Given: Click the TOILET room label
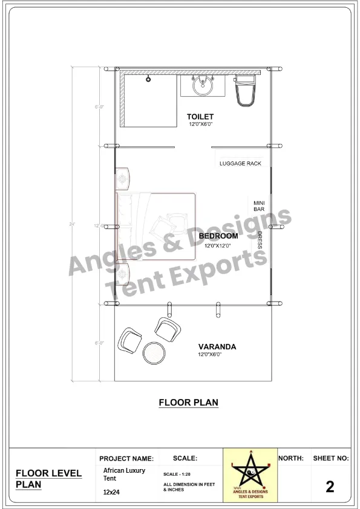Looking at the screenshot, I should [x=200, y=116].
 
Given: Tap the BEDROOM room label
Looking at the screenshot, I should [x=218, y=236].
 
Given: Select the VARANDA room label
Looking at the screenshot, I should [x=217, y=347].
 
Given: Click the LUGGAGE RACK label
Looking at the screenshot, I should [x=240, y=164].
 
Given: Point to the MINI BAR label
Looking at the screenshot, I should [x=259, y=206].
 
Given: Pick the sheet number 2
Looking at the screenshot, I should [x=330, y=486].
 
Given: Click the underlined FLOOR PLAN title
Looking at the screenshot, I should [x=188, y=402].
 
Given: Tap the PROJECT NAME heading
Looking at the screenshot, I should [x=126, y=459].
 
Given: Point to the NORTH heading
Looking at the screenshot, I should [x=291, y=458].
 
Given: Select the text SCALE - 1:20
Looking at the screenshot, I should [x=178, y=474].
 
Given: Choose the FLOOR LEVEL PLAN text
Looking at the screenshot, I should [x=48, y=478].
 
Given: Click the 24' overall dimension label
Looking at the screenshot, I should [x=72, y=225].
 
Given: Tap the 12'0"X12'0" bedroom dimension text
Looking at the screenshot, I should [x=218, y=246].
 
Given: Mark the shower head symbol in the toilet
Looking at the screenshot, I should [x=148, y=78].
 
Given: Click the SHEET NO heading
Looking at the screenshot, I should [x=330, y=458].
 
